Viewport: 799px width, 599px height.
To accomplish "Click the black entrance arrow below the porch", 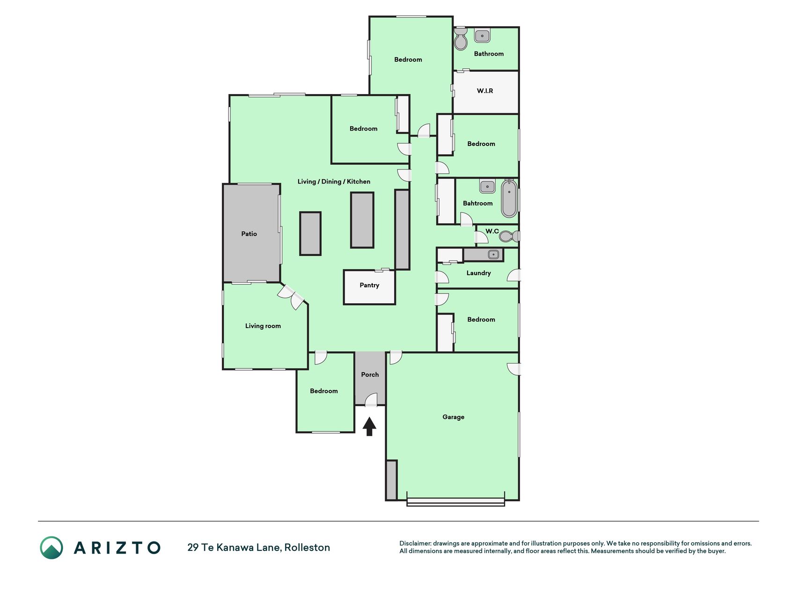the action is [369, 426].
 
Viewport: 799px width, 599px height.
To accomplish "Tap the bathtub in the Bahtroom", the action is [509, 198].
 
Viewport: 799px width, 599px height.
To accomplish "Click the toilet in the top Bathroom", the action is [461, 39].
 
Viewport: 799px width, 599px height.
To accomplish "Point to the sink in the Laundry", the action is [493, 254].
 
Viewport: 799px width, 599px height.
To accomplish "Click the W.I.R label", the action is [485, 91].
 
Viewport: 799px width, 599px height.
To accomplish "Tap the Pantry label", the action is [369, 285].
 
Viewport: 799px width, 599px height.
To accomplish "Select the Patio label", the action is [249, 234].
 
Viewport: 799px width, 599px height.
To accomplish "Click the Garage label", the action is [454, 417].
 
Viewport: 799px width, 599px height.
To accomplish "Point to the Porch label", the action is [370, 374].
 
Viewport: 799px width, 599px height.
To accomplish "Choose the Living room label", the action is [263, 326].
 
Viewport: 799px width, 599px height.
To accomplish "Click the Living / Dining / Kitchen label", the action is [334, 182].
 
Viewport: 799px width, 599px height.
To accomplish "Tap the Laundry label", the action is [478, 273].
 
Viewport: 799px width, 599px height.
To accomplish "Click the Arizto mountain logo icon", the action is [51, 548].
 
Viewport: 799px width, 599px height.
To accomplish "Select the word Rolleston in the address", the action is [307, 548].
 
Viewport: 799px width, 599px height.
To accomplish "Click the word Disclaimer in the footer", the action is [415, 543].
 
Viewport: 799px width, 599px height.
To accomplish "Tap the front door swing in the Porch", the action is [371, 400].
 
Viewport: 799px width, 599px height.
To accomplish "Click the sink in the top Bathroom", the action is [482, 36].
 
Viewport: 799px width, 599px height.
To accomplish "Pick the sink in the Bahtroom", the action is [487, 186].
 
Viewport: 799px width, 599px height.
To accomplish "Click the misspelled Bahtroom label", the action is [477, 203].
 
